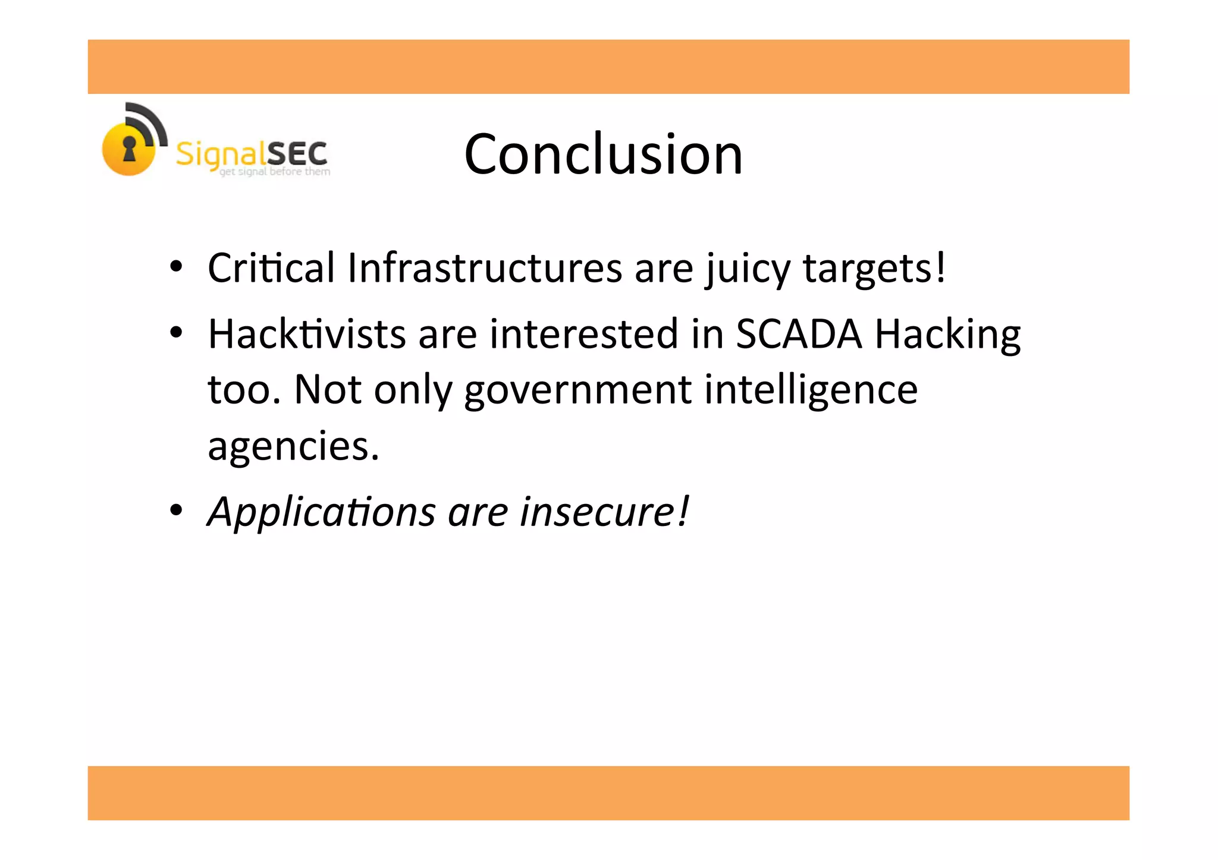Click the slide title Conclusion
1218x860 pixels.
(x=603, y=154)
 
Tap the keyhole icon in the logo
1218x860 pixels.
(x=129, y=149)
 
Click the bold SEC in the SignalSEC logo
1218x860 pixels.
(x=297, y=154)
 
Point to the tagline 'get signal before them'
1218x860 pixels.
(x=275, y=172)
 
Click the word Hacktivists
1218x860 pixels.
(x=306, y=333)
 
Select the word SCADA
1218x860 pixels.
(x=799, y=333)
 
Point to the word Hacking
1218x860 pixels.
(x=947, y=335)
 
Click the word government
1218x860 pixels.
(x=577, y=390)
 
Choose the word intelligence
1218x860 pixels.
(x=811, y=390)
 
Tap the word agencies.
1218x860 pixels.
(x=293, y=446)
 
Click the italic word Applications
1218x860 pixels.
(x=322, y=512)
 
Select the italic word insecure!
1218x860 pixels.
(x=604, y=512)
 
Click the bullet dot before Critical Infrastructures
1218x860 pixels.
(x=175, y=267)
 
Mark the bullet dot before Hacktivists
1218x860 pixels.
(x=175, y=333)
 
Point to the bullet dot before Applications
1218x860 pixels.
(x=175, y=510)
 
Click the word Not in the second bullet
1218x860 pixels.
(x=328, y=390)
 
